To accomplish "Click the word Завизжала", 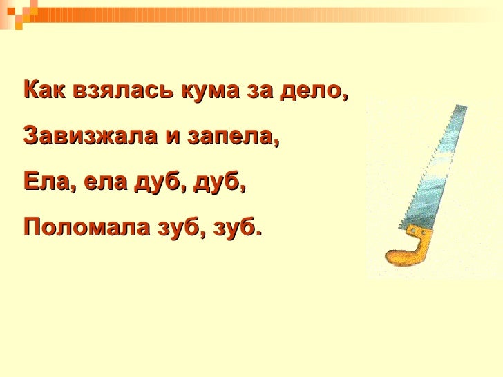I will pyautogui.click(x=88, y=135).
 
